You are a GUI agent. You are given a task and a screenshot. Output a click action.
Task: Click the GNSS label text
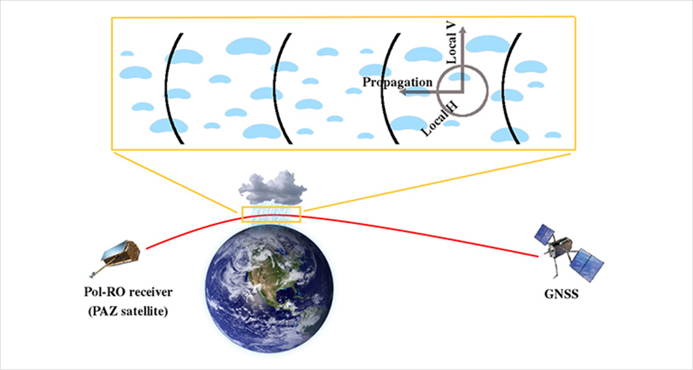[561, 294]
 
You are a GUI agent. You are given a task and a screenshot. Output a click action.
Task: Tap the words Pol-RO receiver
[128, 292]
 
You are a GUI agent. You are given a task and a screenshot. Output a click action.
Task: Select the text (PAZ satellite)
[128, 311]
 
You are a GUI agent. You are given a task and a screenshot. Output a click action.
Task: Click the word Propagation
[397, 82]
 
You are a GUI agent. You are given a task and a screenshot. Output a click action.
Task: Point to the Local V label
[452, 43]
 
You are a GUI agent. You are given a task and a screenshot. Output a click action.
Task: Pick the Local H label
[440, 119]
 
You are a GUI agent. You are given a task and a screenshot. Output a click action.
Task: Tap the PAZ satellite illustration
[115, 257]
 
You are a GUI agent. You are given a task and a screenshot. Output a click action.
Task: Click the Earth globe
[269, 290]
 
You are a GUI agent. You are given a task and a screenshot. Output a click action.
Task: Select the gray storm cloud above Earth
[272, 187]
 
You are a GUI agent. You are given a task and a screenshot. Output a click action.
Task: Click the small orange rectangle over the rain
[271, 214]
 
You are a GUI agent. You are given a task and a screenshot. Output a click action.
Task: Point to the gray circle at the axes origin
[462, 91]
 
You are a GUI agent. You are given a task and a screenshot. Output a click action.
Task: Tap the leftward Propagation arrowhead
[404, 92]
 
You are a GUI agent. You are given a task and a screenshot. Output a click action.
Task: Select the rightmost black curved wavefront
[511, 88]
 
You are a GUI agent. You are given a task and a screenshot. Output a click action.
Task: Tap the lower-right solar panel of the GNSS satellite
[587, 265]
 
